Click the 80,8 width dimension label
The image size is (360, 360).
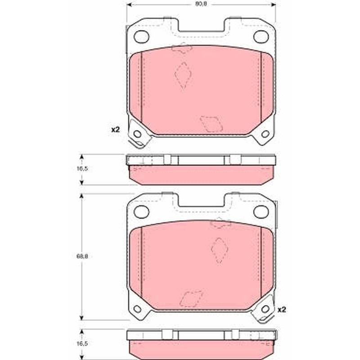201,4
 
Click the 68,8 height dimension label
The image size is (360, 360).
82,256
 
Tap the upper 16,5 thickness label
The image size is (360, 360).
82,169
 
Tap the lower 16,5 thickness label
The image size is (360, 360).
82,344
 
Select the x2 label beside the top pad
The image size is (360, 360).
116,130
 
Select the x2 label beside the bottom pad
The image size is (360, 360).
282,310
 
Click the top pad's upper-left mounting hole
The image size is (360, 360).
141,37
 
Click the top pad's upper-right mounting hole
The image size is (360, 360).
261,37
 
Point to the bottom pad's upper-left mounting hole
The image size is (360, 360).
141,211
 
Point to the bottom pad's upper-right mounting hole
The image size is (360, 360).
261,211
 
